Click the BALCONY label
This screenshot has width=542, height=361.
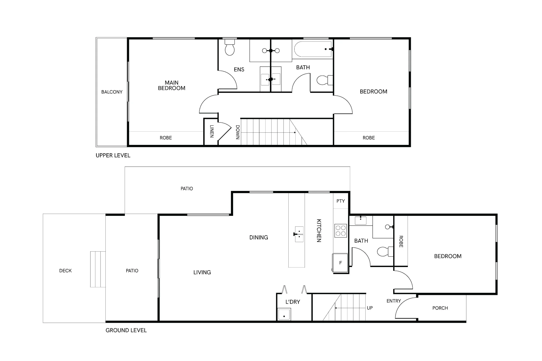tap(112, 92)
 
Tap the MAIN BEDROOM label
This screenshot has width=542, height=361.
tap(172, 85)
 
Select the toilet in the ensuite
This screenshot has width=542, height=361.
tap(230, 47)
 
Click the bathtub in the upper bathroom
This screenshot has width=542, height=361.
tap(313, 49)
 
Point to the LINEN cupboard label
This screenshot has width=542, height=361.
tap(212, 131)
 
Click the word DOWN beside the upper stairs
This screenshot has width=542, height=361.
tap(238, 132)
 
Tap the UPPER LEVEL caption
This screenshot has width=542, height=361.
tap(113, 155)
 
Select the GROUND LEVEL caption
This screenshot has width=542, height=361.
tap(126, 330)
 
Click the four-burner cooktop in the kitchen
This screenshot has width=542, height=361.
tap(341, 231)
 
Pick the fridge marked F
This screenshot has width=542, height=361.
tap(340, 263)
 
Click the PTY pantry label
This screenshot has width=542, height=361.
tap(341, 201)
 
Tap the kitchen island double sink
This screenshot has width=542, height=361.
tap(299, 234)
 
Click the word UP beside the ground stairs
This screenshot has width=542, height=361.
tap(370, 308)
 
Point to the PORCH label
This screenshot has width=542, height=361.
tap(440, 308)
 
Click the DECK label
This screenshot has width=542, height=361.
tap(65, 271)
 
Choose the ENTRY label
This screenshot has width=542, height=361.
tap(393, 301)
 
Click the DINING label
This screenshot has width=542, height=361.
tap(259, 238)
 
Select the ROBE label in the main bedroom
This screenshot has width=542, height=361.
tap(166, 138)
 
